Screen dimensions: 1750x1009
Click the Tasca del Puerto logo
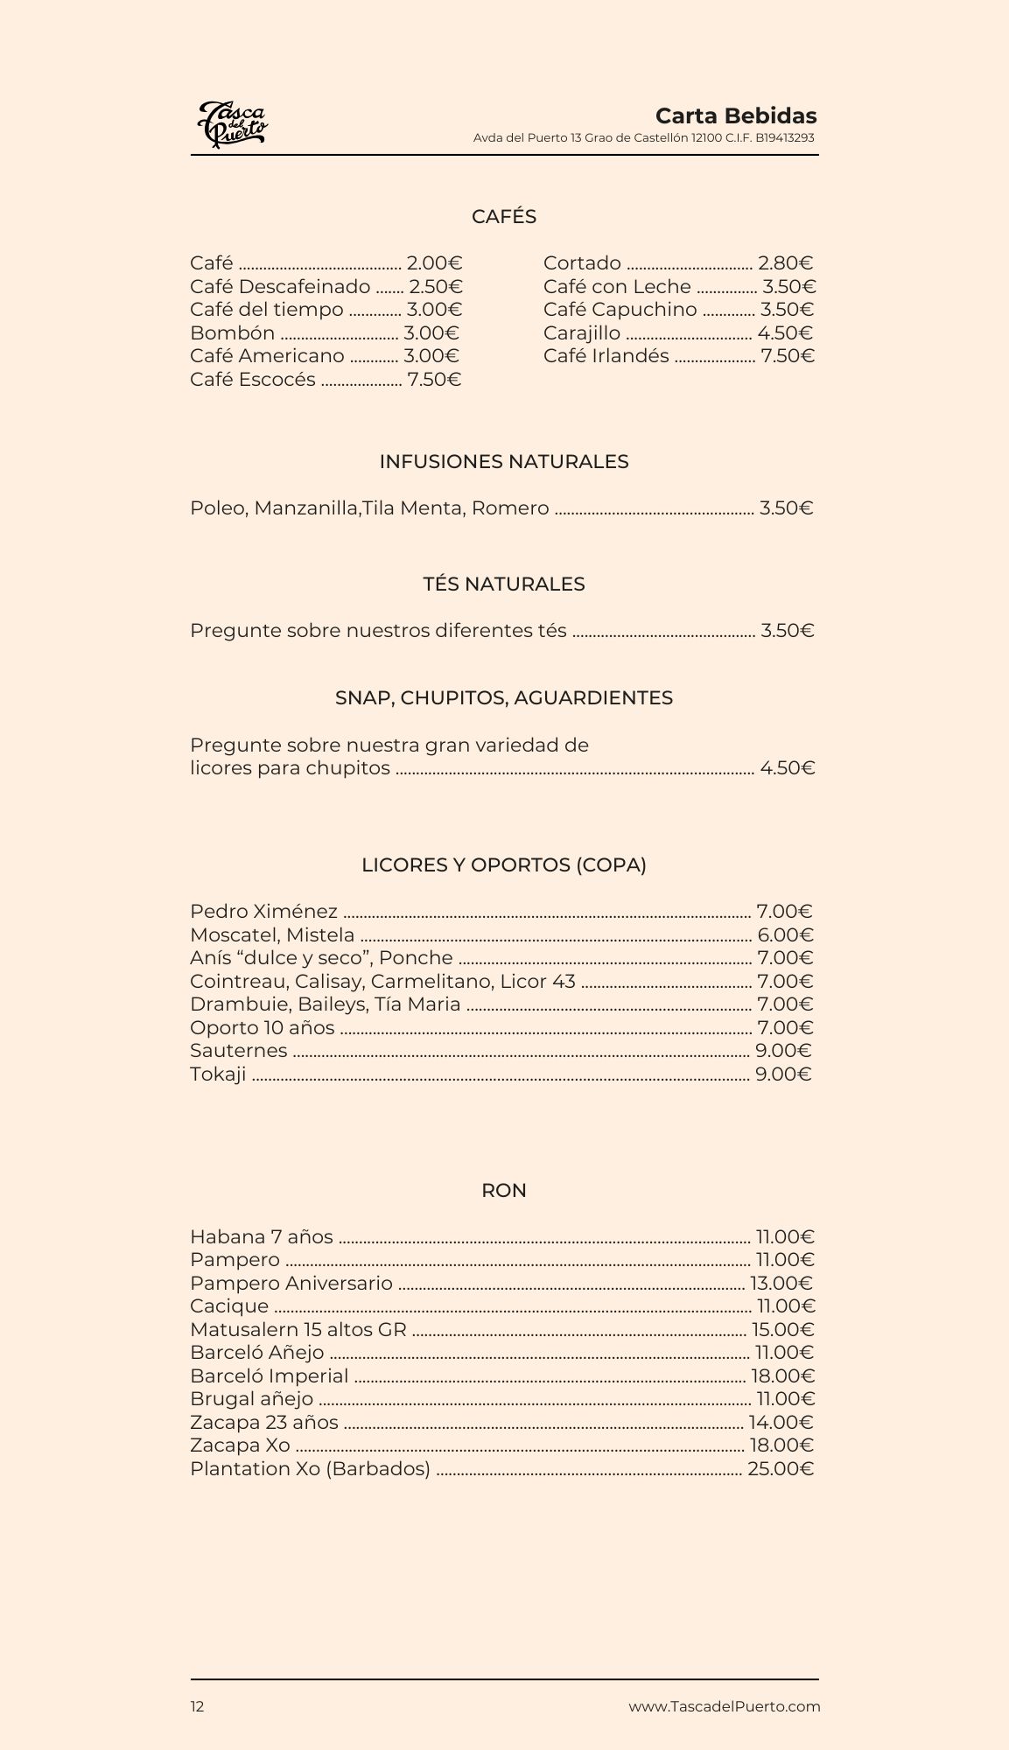pyautogui.click(x=232, y=124)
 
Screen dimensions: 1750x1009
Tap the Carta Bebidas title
pyautogui.click(x=735, y=116)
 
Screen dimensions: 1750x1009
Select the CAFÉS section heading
pyautogui.click(x=504, y=217)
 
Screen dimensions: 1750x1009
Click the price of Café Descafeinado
pyautogui.click(x=436, y=287)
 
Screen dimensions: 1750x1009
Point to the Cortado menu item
pyautogui.click(x=582, y=263)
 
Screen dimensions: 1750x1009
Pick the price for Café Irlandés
pyautogui.click(x=788, y=356)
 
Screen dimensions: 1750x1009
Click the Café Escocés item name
pyautogui.click(x=253, y=380)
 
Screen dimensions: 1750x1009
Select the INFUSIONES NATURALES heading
pyautogui.click(x=504, y=462)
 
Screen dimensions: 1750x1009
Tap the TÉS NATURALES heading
pyautogui.click(x=504, y=584)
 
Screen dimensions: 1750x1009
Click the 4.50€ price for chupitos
pyautogui.click(x=787, y=768)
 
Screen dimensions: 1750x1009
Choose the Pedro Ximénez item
pyautogui.click(x=263, y=912)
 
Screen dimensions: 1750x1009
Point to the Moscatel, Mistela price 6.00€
pyautogui.click(x=785, y=935)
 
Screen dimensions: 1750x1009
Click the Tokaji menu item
pyautogui.click(x=218, y=1074)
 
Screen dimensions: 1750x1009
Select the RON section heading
pyautogui.click(x=504, y=1191)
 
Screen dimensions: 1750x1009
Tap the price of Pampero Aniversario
pyautogui.click(x=781, y=1284)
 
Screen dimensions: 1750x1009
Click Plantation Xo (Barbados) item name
pyautogui.click(x=310, y=1469)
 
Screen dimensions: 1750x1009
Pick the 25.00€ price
pyautogui.click(x=781, y=1469)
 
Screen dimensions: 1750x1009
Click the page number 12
pyautogui.click(x=198, y=1706)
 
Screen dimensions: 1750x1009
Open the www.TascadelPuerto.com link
pyautogui.click(x=724, y=1706)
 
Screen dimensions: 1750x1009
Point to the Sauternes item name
pyautogui.click(x=238, y=1051)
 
